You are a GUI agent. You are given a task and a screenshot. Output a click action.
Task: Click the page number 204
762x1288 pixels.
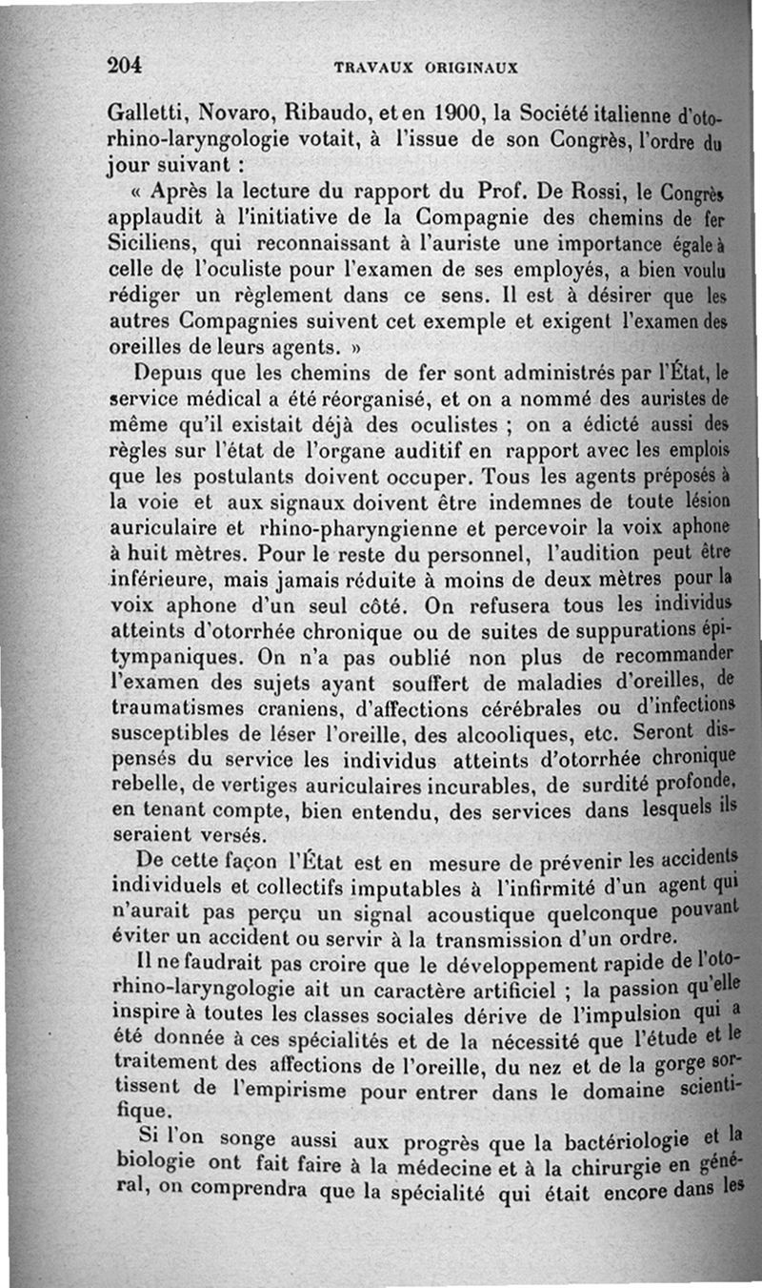tap(125, 66)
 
